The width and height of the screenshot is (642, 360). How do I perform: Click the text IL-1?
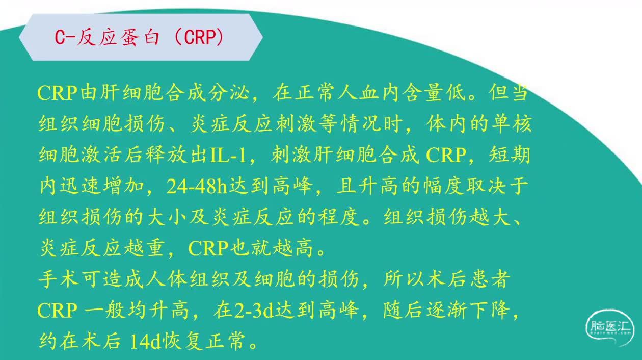(228, 155)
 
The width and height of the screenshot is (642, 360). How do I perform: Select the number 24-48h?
(197, 186)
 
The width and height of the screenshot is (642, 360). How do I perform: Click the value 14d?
(145, 341)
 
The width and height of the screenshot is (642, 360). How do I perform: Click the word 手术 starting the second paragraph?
(59, 279)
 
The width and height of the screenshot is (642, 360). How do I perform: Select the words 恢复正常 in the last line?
(204, 341)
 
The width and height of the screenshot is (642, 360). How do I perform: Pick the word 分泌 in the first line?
(228, 93)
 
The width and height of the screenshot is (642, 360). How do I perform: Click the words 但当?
(509, 92)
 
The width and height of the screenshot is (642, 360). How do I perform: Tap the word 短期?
(510, 155)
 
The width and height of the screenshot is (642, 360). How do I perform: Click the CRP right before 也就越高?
(208, 248)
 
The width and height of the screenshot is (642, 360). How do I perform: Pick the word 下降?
(490, 310)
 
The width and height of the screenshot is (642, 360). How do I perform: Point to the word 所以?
(404, 279)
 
